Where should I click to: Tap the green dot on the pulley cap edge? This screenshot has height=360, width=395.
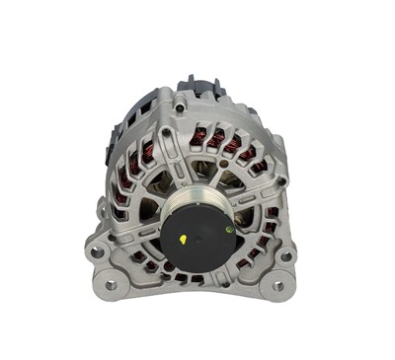point(228,229)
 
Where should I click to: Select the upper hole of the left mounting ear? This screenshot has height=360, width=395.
point(98,252)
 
